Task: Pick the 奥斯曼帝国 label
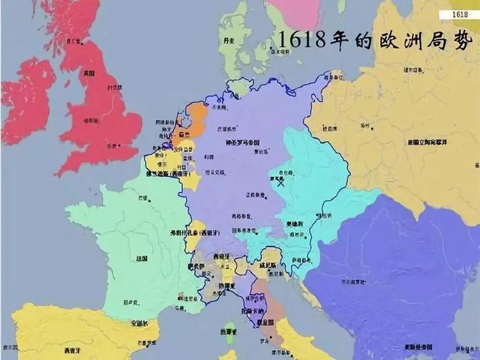(413, 346)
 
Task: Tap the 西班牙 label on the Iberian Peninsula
(73, 349)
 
